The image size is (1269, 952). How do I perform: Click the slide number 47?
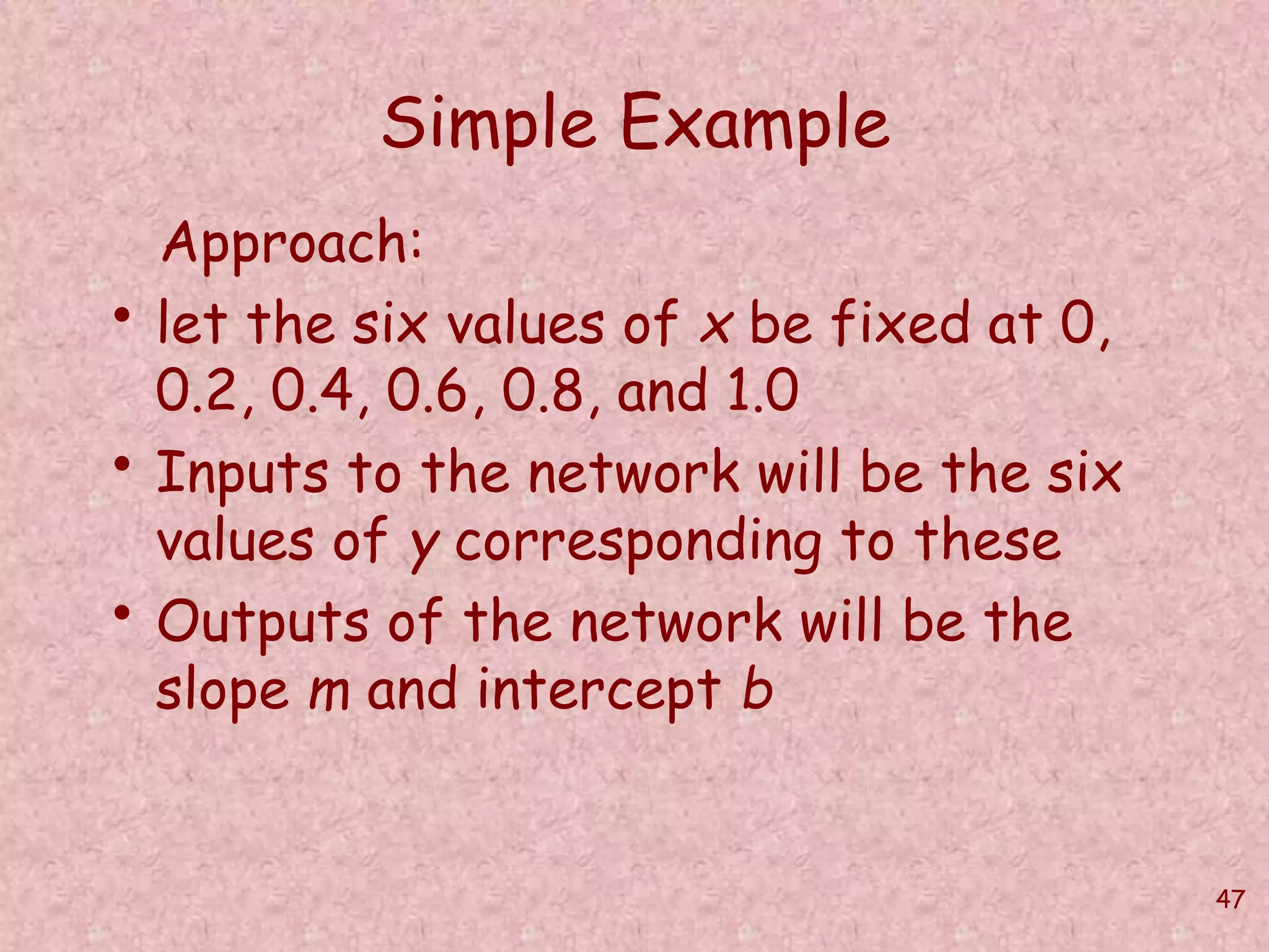(1230, 899)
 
